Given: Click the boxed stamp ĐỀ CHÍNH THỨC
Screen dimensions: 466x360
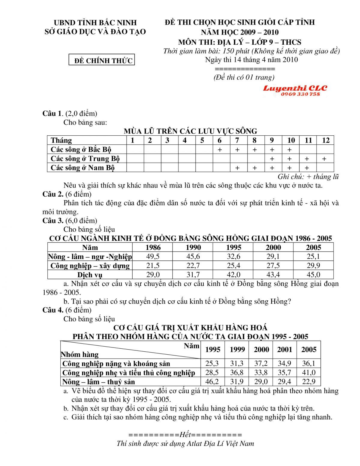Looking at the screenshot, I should pyautogui.click(x=102, y=60).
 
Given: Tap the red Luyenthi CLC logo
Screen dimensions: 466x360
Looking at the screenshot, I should pyautogui.click(x=295, y=88).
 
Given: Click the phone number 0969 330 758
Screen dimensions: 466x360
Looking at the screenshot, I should pyautogui.click(x=300, y=94).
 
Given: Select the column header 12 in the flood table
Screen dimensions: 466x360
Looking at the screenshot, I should pyautogui.click(x=325, y=140).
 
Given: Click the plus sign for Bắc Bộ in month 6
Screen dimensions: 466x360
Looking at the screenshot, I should pyautogui.click(x=220, y=149).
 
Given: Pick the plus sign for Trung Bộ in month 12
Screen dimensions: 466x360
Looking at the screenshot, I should pyautogui.click(x=324, y=159).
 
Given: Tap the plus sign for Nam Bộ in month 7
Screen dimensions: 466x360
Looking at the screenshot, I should pyautogui.click(x=237, y=168).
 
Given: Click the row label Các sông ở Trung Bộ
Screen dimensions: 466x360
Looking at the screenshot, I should pyautogui.click(x=85, y=158).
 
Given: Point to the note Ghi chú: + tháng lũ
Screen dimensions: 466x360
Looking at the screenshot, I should pyautogui.click(x=308, y=177).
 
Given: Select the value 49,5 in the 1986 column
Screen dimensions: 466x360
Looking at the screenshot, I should pyautogui.click(x=153, y=257).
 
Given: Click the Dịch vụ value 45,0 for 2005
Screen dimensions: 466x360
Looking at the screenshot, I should pyautogui.click(x=313, y=275).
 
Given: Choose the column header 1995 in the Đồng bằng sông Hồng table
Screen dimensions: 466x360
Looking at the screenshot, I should pyautogui.click(x=233, y=248).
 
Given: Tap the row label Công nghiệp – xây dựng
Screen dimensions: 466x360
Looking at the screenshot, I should pyautogui.click(x=90, y=266).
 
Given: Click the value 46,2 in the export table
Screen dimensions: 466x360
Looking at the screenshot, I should pyautogui.click(x=212, y=382).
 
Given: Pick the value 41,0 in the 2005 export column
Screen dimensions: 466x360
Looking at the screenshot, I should pyautogui.click(x=309, y=373).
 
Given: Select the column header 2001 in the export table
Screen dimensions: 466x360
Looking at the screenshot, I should pyautogui.click(x=284, y=350).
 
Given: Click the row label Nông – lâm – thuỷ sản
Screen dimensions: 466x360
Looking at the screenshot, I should pyautogui.click(x=98, y=382).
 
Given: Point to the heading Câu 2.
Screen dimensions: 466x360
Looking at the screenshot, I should pyautogui.click(x=53, y=194).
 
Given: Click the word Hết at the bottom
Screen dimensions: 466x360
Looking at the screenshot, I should pyautogui.click(x=185, y=434).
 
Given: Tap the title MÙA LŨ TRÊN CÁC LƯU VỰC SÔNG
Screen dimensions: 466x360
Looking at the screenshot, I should pyautogui.click(x=190, y=131).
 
